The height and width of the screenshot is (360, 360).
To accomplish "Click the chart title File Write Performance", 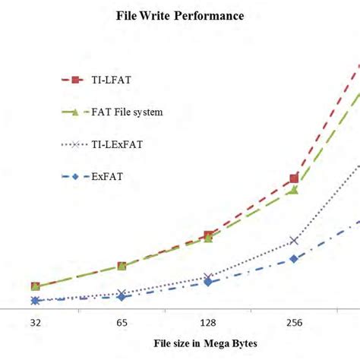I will click(179, 15).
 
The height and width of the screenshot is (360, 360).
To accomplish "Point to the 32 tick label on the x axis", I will click(35, 323).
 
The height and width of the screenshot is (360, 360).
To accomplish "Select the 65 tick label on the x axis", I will click(122, 323).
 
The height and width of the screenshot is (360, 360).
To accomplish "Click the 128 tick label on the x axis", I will click(207, 323).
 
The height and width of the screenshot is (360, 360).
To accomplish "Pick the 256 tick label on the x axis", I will click(294, 323).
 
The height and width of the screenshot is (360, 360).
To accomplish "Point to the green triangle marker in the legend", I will click(75, 112).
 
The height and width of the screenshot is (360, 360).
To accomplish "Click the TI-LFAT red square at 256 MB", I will click(294, 179).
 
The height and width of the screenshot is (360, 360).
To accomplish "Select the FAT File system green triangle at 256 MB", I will click(294, 190).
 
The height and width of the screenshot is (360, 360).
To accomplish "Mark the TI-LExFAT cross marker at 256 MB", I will click(294, 241).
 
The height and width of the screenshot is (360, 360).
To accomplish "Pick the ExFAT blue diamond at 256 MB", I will click(294, 259).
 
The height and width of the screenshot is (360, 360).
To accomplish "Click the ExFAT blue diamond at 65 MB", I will click(122, 297).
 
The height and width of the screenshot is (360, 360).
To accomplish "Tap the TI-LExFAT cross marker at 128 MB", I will click(208, 278).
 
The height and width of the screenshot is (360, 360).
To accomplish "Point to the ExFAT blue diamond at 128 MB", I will click(208, 283).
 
